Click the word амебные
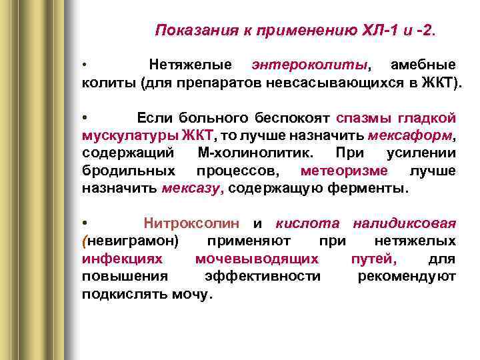(x=423, y=65)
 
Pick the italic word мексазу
(x=191, y=188)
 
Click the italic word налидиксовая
(x=405, y=223)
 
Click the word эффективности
(x=263, y=275)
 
